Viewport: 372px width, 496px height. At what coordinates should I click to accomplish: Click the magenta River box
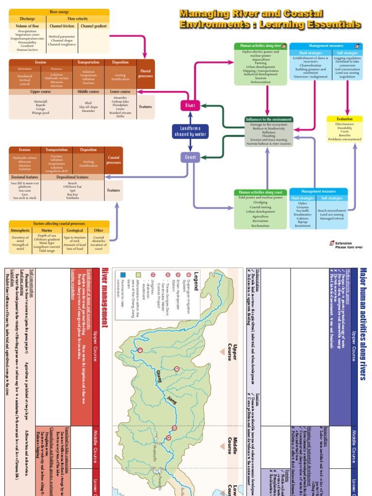190,105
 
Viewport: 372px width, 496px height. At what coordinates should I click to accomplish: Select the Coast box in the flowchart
190,157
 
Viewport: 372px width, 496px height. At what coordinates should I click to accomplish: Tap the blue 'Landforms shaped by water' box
190,131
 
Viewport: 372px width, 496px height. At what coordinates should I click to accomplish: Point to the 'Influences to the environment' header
269,119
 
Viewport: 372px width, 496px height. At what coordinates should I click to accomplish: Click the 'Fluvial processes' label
145,74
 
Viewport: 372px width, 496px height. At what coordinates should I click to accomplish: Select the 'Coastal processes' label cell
114,160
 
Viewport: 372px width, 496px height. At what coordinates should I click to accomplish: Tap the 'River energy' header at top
60,12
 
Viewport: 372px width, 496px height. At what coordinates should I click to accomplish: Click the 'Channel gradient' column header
93,26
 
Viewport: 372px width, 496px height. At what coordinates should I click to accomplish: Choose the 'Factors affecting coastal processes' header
59,223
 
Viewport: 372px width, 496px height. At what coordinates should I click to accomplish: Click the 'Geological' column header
75,231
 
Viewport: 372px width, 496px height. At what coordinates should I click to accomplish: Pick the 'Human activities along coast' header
261,192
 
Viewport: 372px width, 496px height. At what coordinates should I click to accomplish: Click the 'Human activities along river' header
261,46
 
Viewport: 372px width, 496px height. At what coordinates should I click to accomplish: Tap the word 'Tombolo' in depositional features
73,198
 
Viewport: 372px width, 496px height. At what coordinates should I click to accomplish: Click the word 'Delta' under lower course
120,116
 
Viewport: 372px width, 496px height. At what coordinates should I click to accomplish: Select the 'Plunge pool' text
41,112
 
